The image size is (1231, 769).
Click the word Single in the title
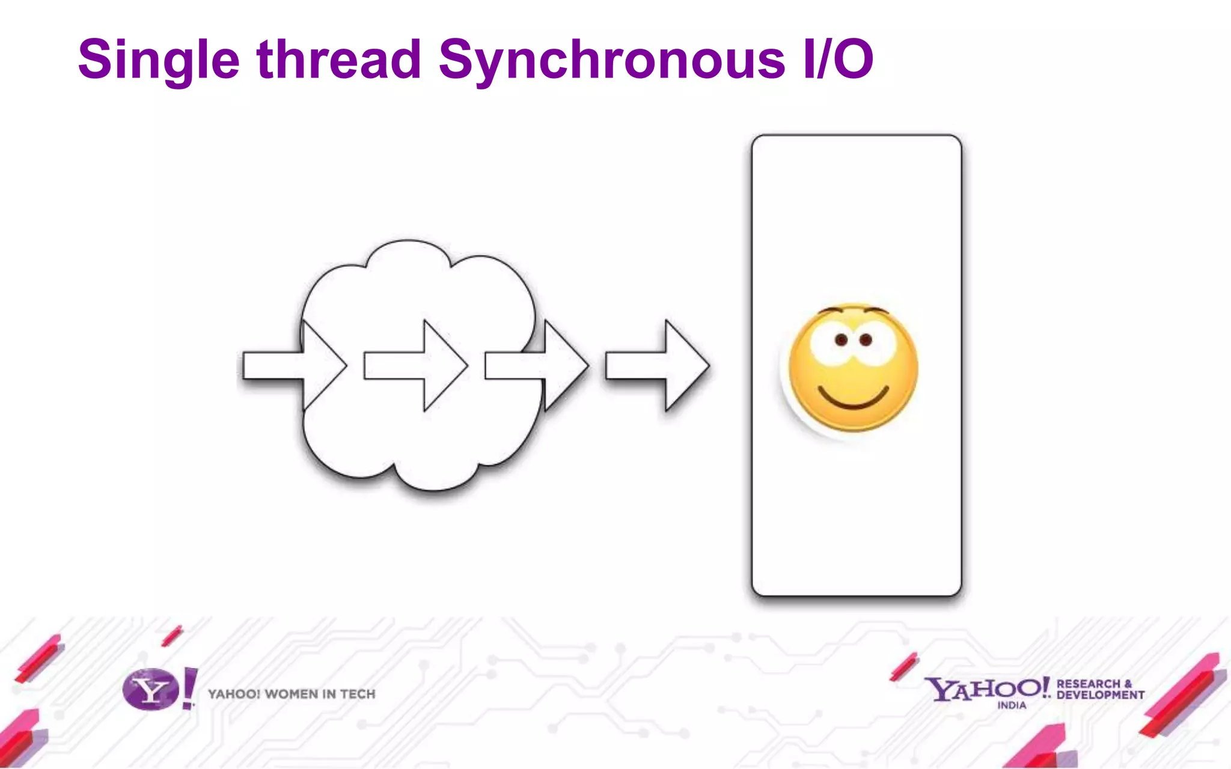point(159,60)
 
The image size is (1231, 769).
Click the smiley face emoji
point(853,368)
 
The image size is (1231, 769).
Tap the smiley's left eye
point(842,341)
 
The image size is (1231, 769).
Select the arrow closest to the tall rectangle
point(658,365)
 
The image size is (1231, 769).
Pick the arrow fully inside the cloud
point(416,365)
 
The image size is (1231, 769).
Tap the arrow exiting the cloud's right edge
point(537,365)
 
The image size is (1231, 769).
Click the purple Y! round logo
point(151,690)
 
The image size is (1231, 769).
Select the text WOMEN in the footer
point(291,695)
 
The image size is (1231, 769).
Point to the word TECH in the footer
point(358,695)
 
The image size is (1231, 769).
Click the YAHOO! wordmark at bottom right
point(986,688)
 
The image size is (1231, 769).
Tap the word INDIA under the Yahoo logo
point(1012,705)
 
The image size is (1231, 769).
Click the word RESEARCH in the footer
point(1089,684)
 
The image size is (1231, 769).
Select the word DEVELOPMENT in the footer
point(1101,695)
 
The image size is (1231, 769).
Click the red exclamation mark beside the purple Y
point(189,688)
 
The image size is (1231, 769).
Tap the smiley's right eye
point(866,340)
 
